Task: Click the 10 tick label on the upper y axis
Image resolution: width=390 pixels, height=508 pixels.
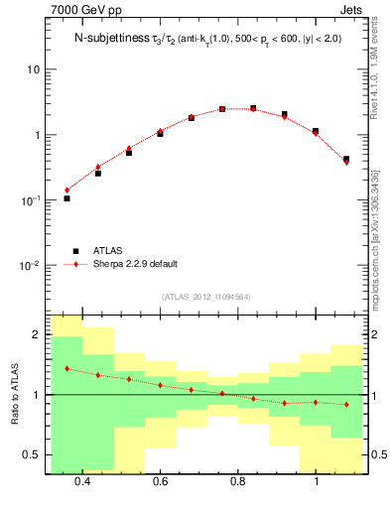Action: pos(34,69)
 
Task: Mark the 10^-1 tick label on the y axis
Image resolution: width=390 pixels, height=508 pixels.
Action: pos(30,199)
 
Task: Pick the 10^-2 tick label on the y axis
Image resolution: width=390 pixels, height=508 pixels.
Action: pos(30,265)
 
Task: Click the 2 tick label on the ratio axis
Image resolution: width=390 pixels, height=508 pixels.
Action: pos(37,334)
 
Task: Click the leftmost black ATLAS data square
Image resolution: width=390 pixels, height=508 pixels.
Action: pos(66,198)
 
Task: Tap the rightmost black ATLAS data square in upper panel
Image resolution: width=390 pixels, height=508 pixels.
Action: pos(346,159)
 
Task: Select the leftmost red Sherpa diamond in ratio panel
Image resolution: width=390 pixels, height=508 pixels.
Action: pos(66,368)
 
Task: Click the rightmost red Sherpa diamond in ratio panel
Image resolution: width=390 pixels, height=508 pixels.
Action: pos(346,404)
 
